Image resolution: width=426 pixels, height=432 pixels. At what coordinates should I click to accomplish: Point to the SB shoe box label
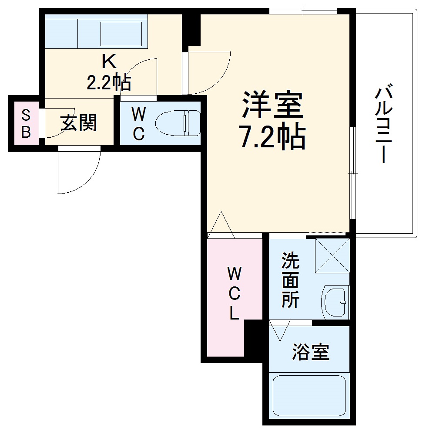[x=26, y=124]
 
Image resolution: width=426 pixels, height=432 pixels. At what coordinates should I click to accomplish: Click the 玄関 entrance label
[x=78, y=123]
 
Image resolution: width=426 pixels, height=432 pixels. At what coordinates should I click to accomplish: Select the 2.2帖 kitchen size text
[x=109, y=82]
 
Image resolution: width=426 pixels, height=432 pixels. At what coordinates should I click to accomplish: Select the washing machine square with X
[x=332, y=255]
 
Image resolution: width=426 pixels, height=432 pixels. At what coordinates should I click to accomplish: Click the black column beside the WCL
[x=253, y=340]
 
